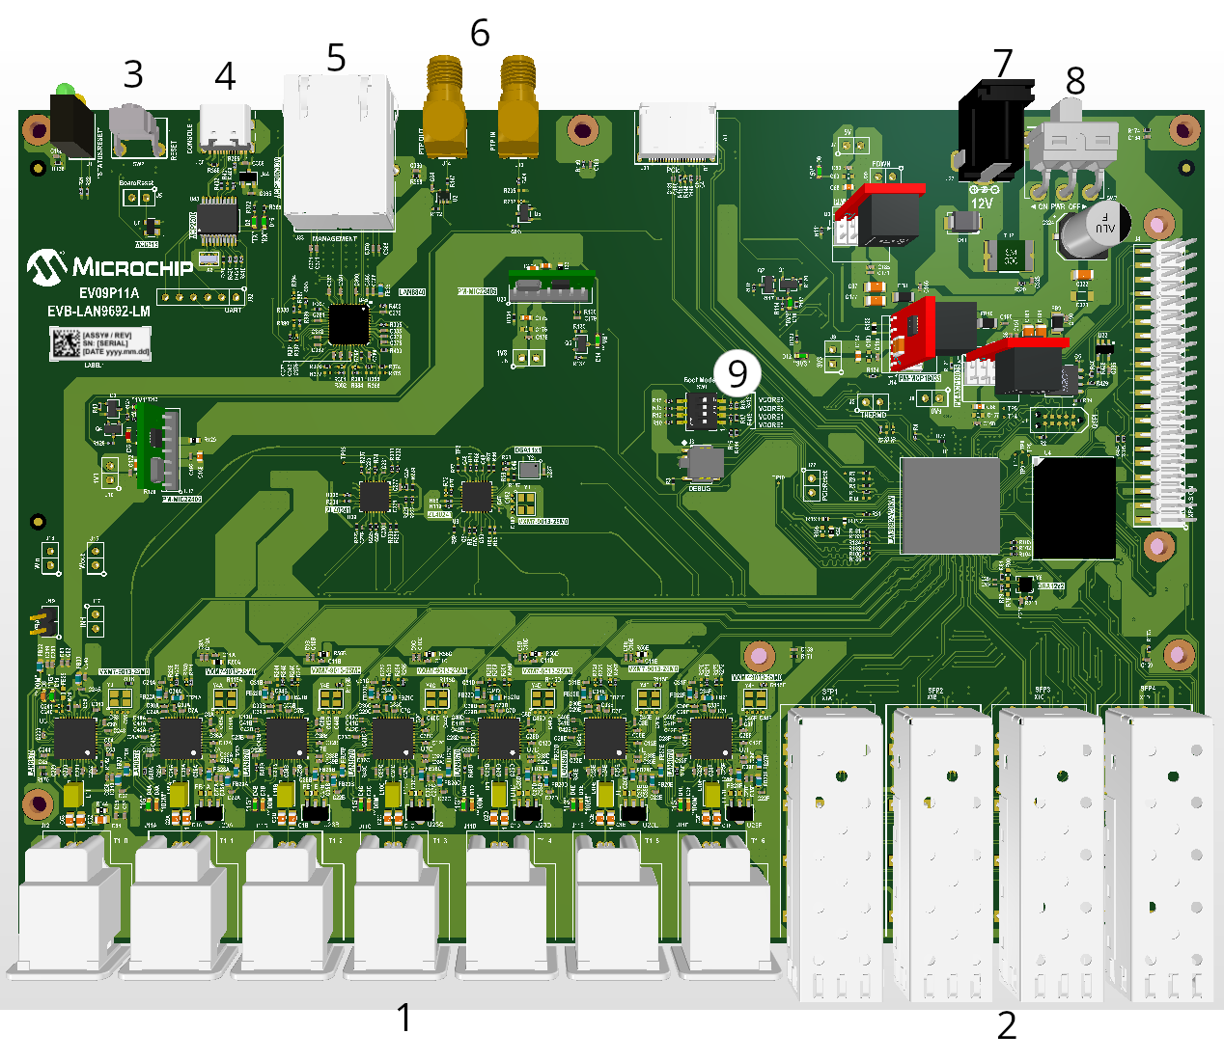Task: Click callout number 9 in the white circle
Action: pos(737,373)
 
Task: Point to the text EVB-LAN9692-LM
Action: pos(98,311)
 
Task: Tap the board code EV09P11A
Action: pos(109,293)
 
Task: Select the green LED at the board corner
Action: pos(65,92)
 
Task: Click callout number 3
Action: pos(133,74)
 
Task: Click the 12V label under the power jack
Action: pos(982,204)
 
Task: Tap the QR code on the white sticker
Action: pos(66,343)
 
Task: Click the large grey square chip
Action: pos(950,505)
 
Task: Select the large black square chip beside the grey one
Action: pos(1073,508)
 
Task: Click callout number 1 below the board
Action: pos(404,1018)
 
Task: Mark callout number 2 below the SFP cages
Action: pos(1007,1025)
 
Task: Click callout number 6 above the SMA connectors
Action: pos(480,33)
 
